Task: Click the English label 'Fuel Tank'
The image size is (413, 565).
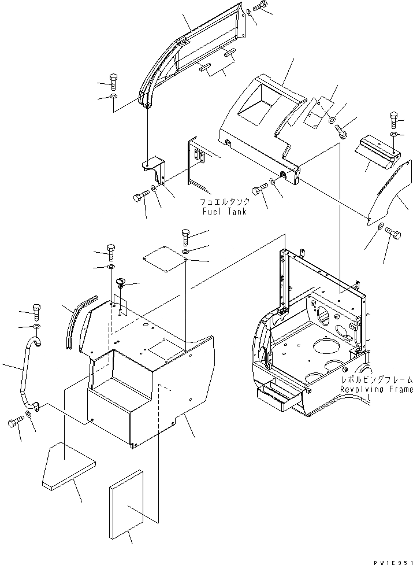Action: point(224,212)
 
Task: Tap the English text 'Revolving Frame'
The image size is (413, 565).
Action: point(376,390)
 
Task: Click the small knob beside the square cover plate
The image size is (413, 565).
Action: point(120,283)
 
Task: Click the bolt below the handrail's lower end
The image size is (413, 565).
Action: point(14,423)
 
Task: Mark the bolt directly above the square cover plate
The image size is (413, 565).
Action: point(185,235)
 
